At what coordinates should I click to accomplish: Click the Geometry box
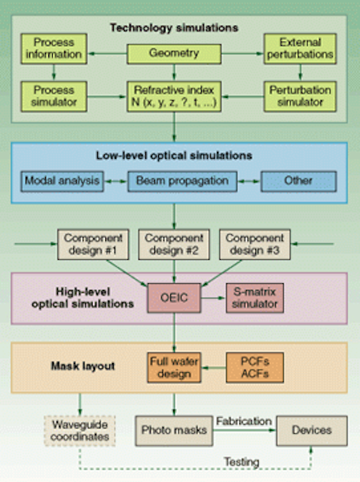click(x=174, y=53)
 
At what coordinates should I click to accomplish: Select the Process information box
click(x=53, y=48)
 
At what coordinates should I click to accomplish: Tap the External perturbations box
click(x=300, y=48)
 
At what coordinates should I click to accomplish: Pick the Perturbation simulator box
click(x=300, y=96)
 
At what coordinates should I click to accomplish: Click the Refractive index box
click(x=174, y=96)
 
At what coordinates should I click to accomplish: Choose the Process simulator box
click(x=53, y=96)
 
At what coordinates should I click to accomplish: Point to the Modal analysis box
click(x=62, y=182)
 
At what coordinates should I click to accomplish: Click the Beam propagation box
click(x=182, y=182)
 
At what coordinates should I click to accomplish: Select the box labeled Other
click(x=298, y=182)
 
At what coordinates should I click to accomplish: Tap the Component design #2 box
click(x=174, y=244)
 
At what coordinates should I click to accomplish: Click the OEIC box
click(x=174, y=298)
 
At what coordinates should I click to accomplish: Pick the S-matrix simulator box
click(x=255, y=298)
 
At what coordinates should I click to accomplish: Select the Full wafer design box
click(x=174, y=368)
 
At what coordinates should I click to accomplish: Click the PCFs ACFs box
click(x=255, y=368)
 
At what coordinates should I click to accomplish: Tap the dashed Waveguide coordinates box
click(x=80, y=431)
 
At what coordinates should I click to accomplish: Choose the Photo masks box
click(x=174, y=431)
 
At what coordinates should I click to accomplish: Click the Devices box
click(x=312, y=431)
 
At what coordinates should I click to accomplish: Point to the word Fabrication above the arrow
click(x=244, y=421)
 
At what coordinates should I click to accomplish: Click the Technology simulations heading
click(x=174, y=28)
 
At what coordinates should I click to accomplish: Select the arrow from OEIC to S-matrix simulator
click(x=213, y=298)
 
